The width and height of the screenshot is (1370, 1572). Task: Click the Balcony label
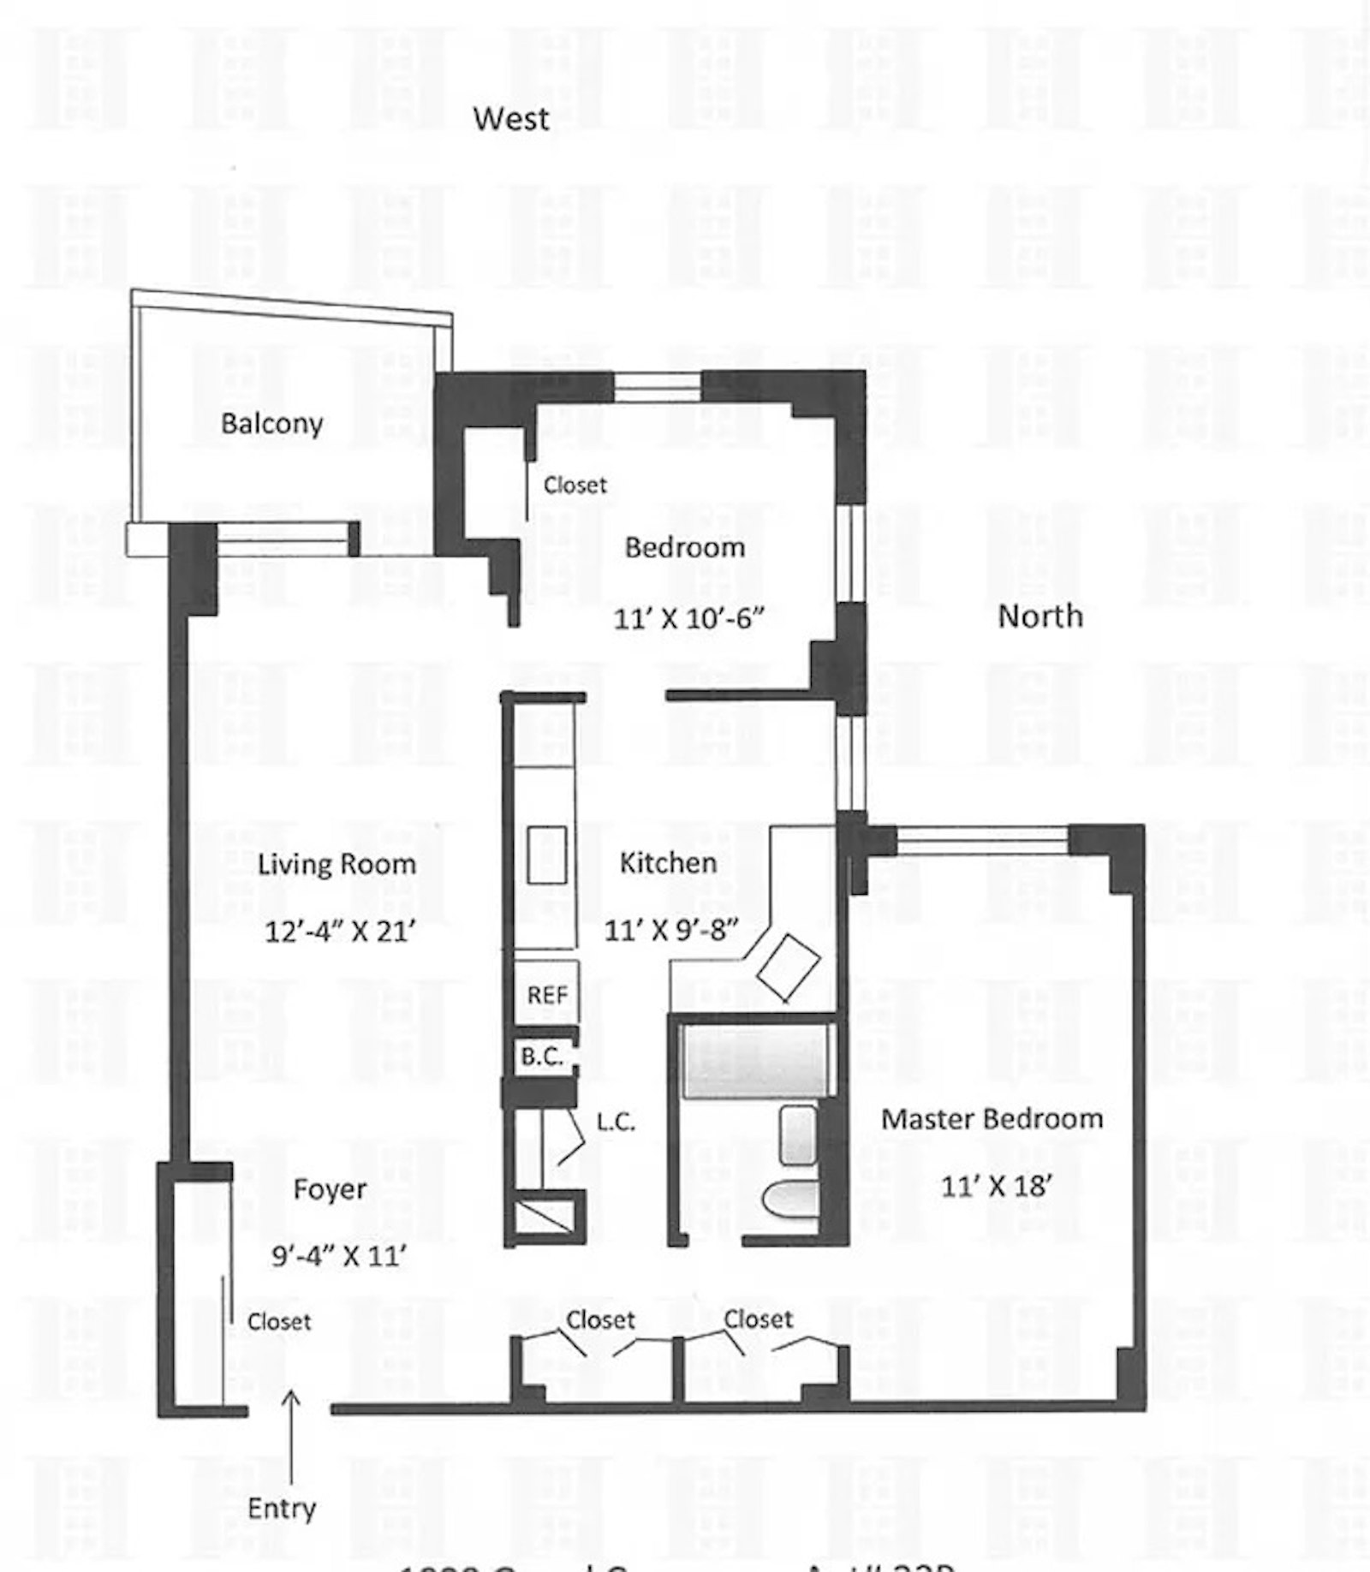(x=271, y=424)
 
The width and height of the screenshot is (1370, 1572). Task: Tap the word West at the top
(x=511, y=119)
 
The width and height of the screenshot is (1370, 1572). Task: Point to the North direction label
(x=1039, y=616)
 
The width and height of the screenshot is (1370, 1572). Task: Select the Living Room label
(x=337, y=864)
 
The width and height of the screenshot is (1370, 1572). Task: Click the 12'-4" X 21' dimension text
(x=340, y=931)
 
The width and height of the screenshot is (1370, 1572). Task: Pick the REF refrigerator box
(x=547, y=995)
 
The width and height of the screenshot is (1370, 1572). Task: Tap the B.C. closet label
(x=542, y=1057)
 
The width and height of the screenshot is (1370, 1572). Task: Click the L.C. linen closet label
(x=616, y=1122)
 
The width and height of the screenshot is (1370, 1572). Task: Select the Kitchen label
(x=668, y=863)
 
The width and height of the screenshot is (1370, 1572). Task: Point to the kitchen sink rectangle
(x=547, y=854)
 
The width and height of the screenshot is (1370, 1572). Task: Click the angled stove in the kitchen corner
(x=789, y=968)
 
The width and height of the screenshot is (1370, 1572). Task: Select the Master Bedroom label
(x=992, y=1119)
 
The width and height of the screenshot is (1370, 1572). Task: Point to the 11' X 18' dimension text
(x=996, y=1186)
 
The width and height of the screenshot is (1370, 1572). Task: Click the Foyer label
(x=330, y=1189)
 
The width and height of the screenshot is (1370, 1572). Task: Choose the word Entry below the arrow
(x=282, y=1508)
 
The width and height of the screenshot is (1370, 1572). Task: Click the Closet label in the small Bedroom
(x=575, y=485)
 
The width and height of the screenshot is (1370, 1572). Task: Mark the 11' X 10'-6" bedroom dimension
(x=688, y=618)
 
